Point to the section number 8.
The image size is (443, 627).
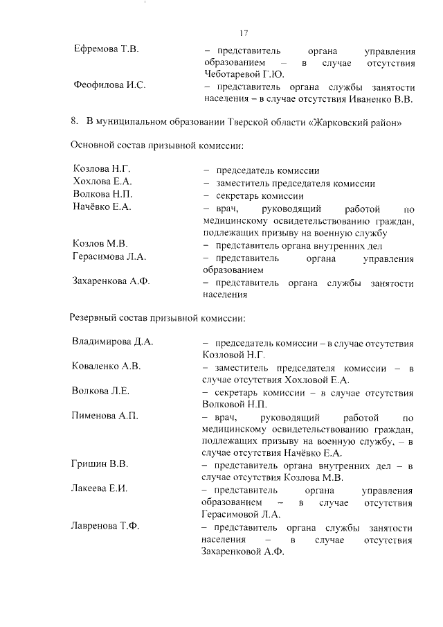click(75, 123)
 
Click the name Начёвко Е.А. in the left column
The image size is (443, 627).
click(102, 206)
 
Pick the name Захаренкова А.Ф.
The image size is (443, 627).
click(111, 282)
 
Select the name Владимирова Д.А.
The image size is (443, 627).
click(113, 342)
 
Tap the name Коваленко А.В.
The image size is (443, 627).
click(107, 367)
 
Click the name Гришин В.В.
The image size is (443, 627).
click(100, 463)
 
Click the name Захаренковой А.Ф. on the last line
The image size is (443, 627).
click(243, 553)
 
